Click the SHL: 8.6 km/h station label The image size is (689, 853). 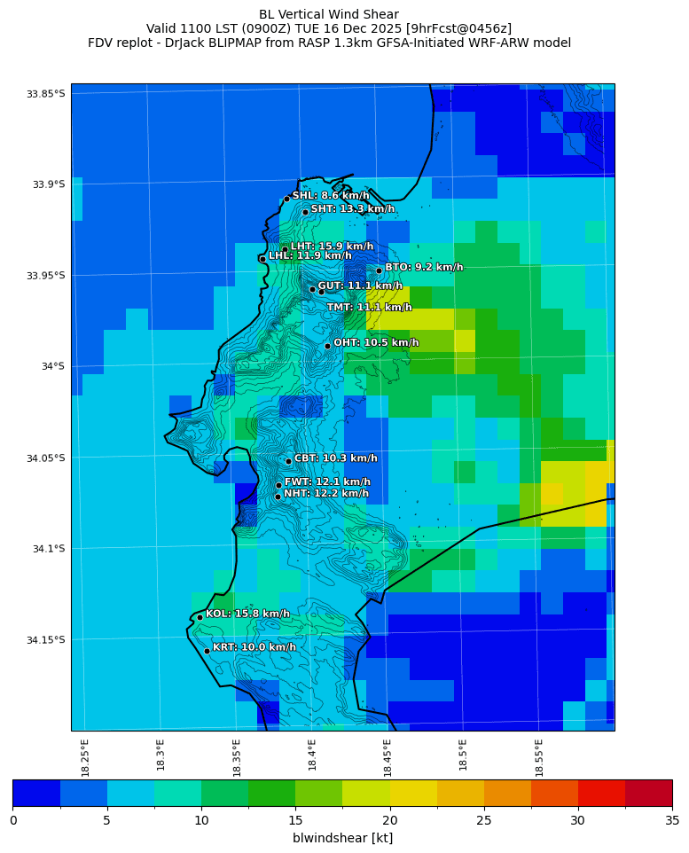coord(331,195)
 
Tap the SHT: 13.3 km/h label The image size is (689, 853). coord(352,208)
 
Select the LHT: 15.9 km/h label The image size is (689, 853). coord(332,246)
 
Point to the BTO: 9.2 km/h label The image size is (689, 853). coord(423,267)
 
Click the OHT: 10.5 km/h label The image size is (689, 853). coord(376,342)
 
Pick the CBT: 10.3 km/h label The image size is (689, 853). coord(335,458)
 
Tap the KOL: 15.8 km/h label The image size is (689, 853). coord(247,614)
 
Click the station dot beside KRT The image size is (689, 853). coord(207,651)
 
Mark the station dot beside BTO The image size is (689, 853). coord(379,270)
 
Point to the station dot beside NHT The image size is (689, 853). coord(278,497)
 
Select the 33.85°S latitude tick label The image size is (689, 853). coord(46,94)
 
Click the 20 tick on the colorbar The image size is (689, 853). coord(390,820)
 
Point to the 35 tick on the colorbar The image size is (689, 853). coord(671,820)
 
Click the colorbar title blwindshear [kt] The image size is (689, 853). coord(342,838)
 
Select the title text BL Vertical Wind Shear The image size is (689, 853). coord(329,14)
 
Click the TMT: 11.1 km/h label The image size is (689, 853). coord(369,308)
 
